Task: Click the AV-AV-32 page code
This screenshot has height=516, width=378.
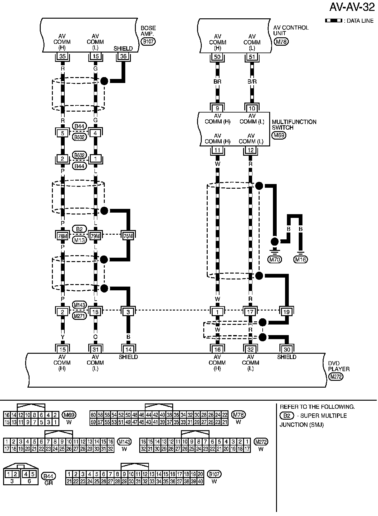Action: point(356,7)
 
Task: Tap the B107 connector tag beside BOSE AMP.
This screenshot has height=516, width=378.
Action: point(148,41)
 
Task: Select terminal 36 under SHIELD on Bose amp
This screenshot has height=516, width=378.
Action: point(124,56)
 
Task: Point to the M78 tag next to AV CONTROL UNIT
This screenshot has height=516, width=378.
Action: point(281,41)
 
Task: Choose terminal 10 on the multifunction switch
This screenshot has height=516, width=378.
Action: point(252,108)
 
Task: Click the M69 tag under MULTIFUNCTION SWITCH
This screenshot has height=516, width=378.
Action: point(279,135)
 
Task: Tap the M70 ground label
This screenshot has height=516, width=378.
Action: point(275,259)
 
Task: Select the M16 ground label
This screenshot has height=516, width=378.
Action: point(301,259)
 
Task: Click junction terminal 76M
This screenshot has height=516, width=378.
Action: point(128,236)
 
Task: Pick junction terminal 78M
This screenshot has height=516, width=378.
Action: point(62,236)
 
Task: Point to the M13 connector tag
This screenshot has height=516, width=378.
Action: point(80,240)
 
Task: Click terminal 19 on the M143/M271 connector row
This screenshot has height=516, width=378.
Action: point(286,311)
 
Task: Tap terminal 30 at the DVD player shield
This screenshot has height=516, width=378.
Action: point(286,350)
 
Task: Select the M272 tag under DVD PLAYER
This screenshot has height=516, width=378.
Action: point(335,377)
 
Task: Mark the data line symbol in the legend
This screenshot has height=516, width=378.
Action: point(333,21)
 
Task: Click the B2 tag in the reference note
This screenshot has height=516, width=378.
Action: point(287,416)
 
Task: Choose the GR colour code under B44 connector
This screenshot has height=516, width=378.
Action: point(48,483)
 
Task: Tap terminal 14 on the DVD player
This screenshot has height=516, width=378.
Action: point(128,350)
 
